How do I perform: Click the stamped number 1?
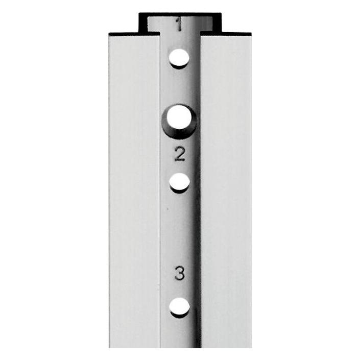point(179,25)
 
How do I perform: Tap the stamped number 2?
point(180,154)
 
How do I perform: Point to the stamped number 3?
point(180,273)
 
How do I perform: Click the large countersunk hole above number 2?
point(179,117)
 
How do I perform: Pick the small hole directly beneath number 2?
point(180,182)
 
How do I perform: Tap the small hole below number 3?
point(180,307)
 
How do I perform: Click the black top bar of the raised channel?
point(180,14)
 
